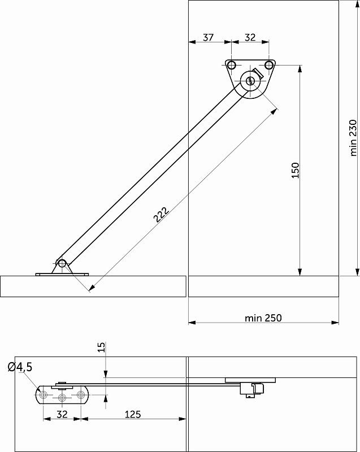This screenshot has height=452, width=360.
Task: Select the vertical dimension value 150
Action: point(295,170)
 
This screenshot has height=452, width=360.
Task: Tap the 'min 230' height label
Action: point(354,137)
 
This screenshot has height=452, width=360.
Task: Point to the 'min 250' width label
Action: point(263,318)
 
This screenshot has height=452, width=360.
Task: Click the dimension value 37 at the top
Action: point(208,37)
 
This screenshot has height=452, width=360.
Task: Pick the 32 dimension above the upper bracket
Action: point(250,37)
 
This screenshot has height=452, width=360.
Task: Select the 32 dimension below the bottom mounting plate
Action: point(62,414)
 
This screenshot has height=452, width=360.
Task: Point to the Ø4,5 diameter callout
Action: point(20,367)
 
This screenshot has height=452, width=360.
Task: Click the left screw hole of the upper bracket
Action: point(231,65)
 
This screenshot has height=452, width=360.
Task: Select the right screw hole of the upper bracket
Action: point(268,65)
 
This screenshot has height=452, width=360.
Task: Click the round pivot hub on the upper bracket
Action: point(251,81)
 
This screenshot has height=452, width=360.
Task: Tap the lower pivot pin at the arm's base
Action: point(62,263)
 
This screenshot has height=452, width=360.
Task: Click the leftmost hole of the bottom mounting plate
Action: point(43,395)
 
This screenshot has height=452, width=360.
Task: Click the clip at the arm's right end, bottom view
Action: point(253,389)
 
